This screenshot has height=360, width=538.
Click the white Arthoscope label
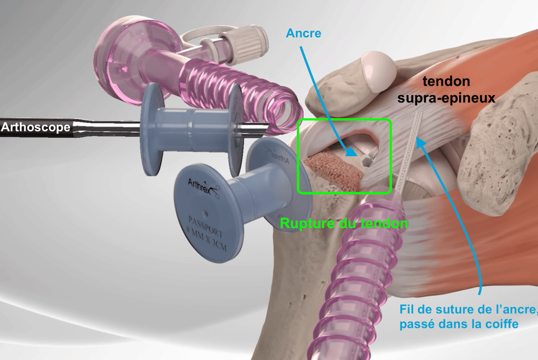pyautogui.click(x=35, y=127)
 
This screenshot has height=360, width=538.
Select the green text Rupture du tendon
pyautogui.click(x=344, y=223)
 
